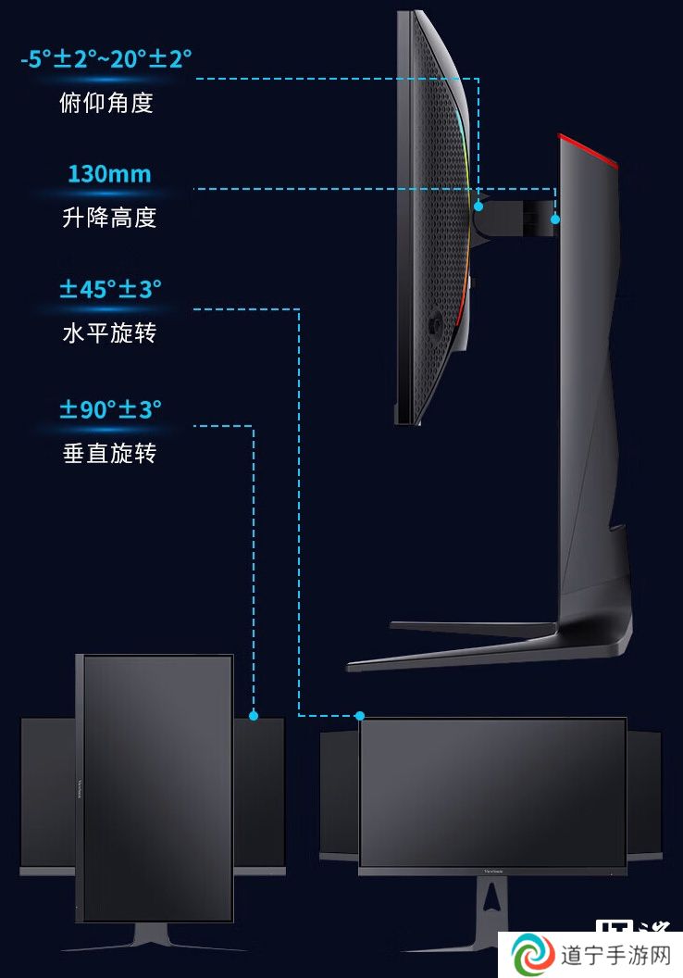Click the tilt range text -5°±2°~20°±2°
coord(106,59)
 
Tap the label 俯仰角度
coord(106,103)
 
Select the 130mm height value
coord(110,174)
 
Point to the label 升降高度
coord(109,218)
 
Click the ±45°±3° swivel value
coord(110,289)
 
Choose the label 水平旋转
coord(109,333)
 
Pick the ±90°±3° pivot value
coord(110,409)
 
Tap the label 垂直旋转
coord(109,454)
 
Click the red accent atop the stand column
coord(587,150)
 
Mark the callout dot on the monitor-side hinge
coord(478,206)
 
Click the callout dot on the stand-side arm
coord(554,219)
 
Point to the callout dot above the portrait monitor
coord(253,715)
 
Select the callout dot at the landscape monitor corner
coord(360,715)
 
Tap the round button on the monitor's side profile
coord(434,324)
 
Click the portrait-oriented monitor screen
coord(157,788)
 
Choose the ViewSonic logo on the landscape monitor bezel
coord(493,871)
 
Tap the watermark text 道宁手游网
coord(615,955)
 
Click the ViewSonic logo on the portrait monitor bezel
coord(80,788)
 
